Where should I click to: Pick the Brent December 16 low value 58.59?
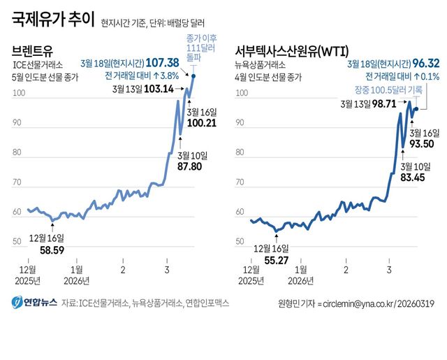[50, 249]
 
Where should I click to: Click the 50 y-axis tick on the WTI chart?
[240, 242]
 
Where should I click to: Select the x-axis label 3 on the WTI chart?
[388, 269]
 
